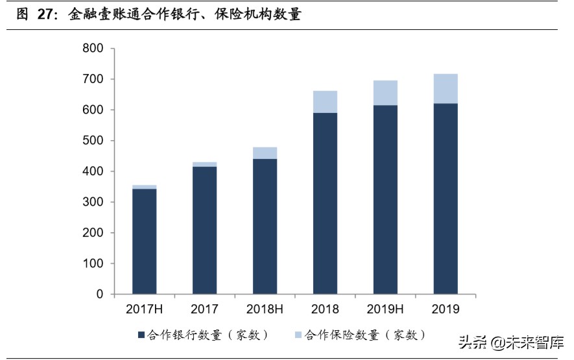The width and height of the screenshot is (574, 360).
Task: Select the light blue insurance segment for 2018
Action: (325, 102)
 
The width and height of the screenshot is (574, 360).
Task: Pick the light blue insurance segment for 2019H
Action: (385, 93)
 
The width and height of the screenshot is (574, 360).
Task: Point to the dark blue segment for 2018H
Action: (265, 226)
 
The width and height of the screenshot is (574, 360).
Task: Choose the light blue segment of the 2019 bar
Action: (446, 89)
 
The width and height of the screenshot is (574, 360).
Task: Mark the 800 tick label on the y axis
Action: (93, 49)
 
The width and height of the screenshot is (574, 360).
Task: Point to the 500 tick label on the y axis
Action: (93, 141)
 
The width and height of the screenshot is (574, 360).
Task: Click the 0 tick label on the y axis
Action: (100, 294)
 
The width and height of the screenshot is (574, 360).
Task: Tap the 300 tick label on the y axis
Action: (93, 202)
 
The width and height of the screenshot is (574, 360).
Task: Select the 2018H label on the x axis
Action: (265, 309)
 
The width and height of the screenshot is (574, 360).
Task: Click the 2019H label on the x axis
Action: (385, 309)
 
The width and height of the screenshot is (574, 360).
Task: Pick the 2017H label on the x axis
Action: (144, 309)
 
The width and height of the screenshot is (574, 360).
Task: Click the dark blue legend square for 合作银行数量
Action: (141, 335)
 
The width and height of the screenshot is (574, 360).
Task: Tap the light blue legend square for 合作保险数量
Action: (298, 335)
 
